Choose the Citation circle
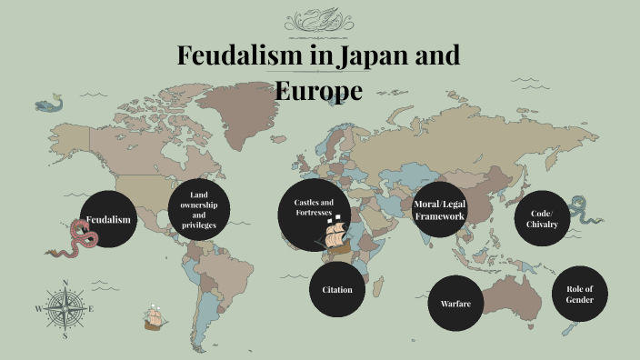336,289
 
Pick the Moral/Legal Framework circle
440,210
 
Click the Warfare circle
455,302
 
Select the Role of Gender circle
579,294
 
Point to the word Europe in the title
318,90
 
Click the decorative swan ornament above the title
319,20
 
